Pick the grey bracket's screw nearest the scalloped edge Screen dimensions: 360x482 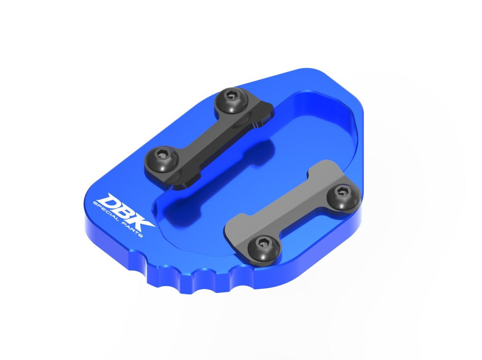click(263, 248)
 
